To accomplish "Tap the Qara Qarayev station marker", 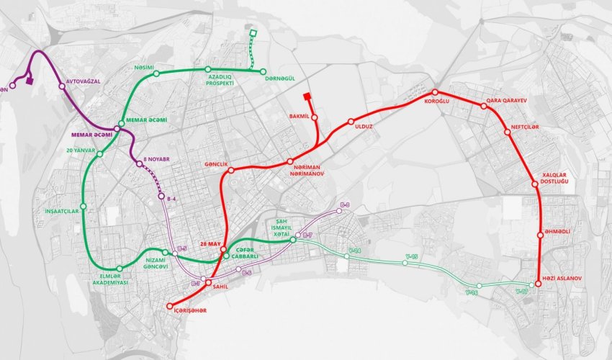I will tap(484, 107).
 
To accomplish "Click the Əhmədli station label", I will tap(557, 232).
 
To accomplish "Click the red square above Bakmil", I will tap(307, 96).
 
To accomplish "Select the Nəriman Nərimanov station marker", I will tap(290, 161).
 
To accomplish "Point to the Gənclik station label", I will tap(216, 165).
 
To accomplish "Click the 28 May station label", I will tap(211, 243).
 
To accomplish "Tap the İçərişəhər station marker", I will tap(170, 307).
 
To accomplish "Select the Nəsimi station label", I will tap(145, 68).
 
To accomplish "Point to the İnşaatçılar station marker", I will tap(84, 207).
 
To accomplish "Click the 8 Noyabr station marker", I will tap(139, 165).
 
